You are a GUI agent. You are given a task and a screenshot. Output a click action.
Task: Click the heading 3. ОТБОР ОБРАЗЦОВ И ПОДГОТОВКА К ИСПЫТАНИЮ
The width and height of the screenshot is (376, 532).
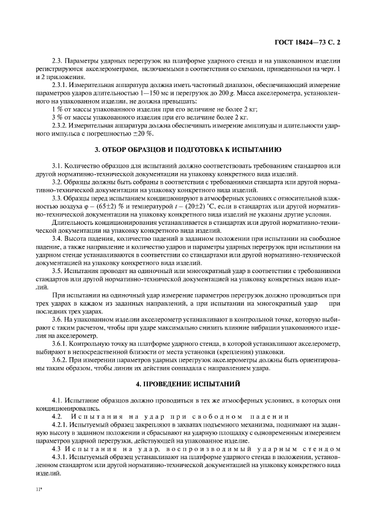coord(187,150)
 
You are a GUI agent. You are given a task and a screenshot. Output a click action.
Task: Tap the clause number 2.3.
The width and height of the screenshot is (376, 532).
coord(57,61)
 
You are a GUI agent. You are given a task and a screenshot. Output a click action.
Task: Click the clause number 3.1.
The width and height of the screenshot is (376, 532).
coord(57,165)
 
